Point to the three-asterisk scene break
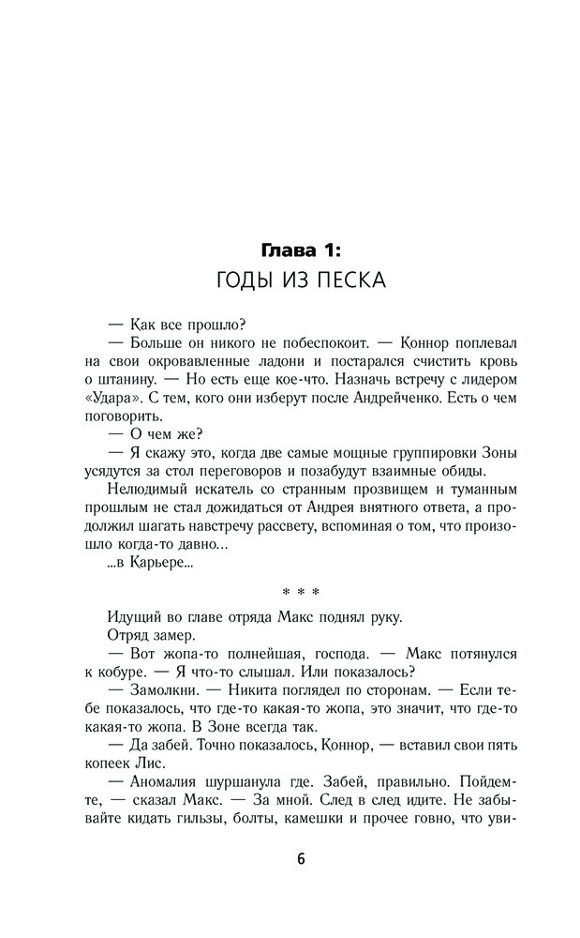point(301,593)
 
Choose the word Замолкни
point(157,695)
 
